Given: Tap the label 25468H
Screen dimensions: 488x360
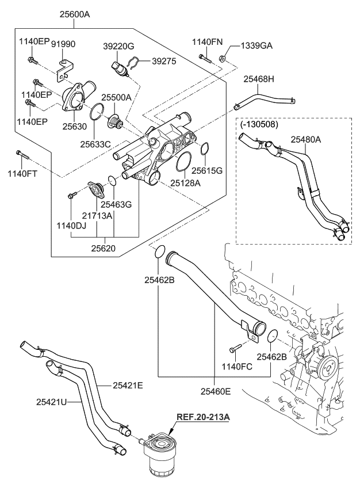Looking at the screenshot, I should point(259,79).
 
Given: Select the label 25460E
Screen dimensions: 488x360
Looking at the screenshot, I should point(216,391).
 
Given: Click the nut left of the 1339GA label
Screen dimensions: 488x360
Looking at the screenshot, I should point(223,58).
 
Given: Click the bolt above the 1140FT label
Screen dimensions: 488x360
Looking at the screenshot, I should point(20,154).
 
